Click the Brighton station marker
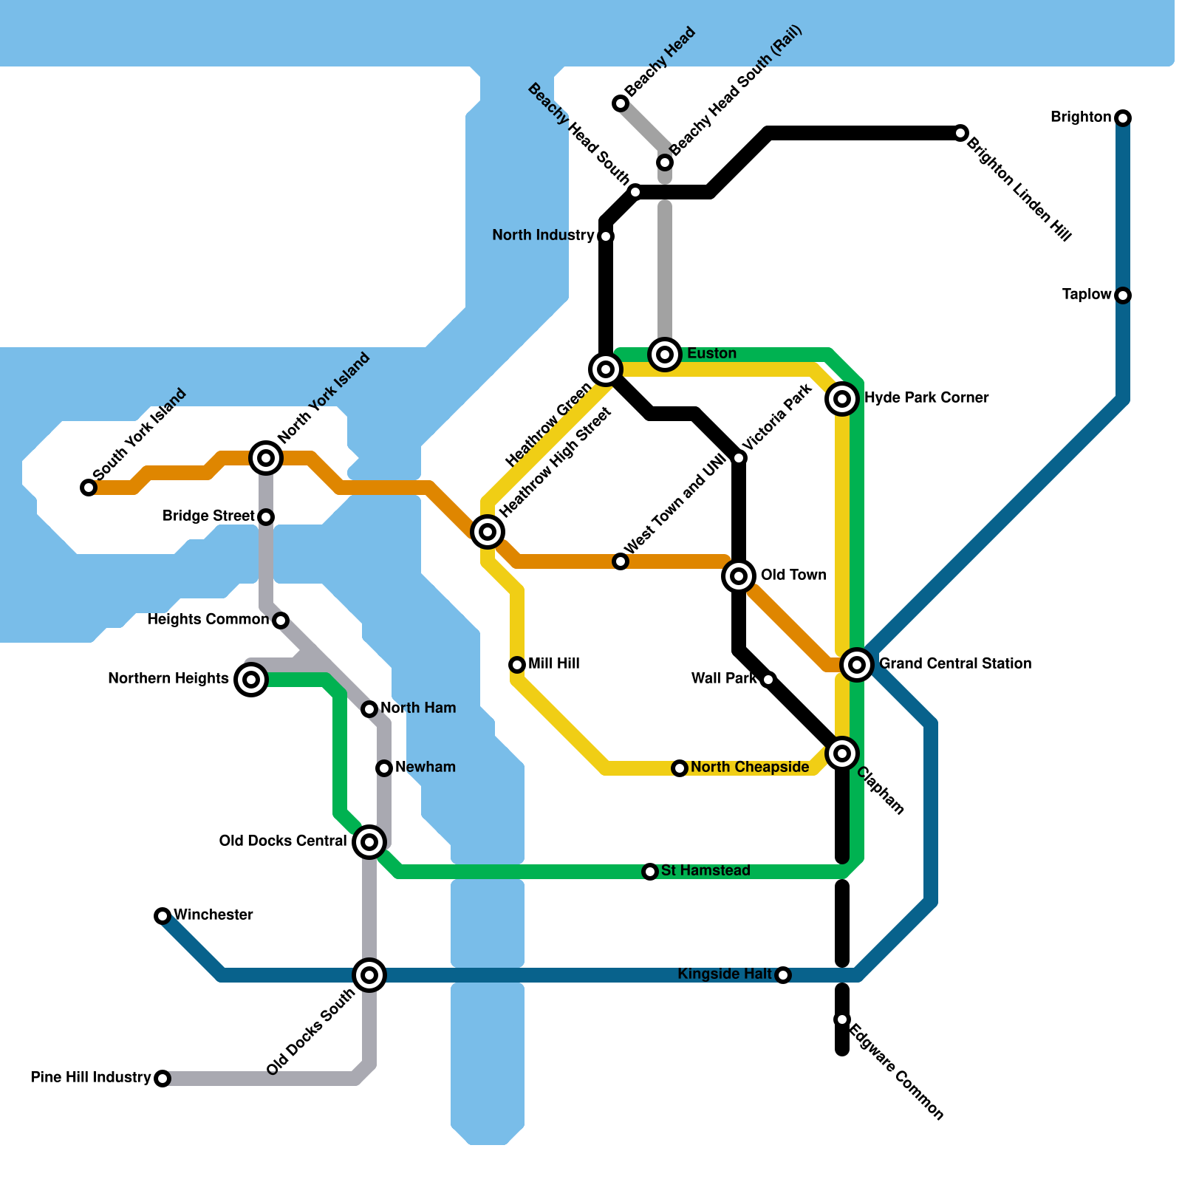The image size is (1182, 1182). click(x=1123, y=118)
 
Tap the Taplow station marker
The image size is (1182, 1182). click(x=1123, y=295)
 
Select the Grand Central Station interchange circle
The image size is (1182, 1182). click(x=857, y=665)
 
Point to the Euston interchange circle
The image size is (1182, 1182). click(x=665, y=355)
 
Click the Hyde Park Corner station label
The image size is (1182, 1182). click(x=926, y=397)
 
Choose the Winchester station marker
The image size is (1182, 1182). click(x=163, y=916)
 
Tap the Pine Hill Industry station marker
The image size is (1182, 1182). click(x=163, y=1079)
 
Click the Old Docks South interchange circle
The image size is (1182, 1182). click(x=369, y=975)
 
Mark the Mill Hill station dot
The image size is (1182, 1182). click(x=517, y=665)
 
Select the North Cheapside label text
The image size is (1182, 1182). click(x=750, y=767)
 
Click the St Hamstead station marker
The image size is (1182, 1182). click(x=650, y=872)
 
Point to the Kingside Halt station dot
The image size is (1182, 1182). click(x=783, y=975)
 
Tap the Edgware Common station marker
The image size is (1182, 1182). click(x=842, y=1019)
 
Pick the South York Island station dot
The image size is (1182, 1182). click(x=89, y=488)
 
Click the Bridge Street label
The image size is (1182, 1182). click(x=208, y=516)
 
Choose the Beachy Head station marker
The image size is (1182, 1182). click(x=621, y=103)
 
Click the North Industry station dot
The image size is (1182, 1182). click(x=606, y=236)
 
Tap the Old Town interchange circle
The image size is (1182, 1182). click(x=739, y=576)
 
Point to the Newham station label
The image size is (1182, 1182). click(x=426, y=767)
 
